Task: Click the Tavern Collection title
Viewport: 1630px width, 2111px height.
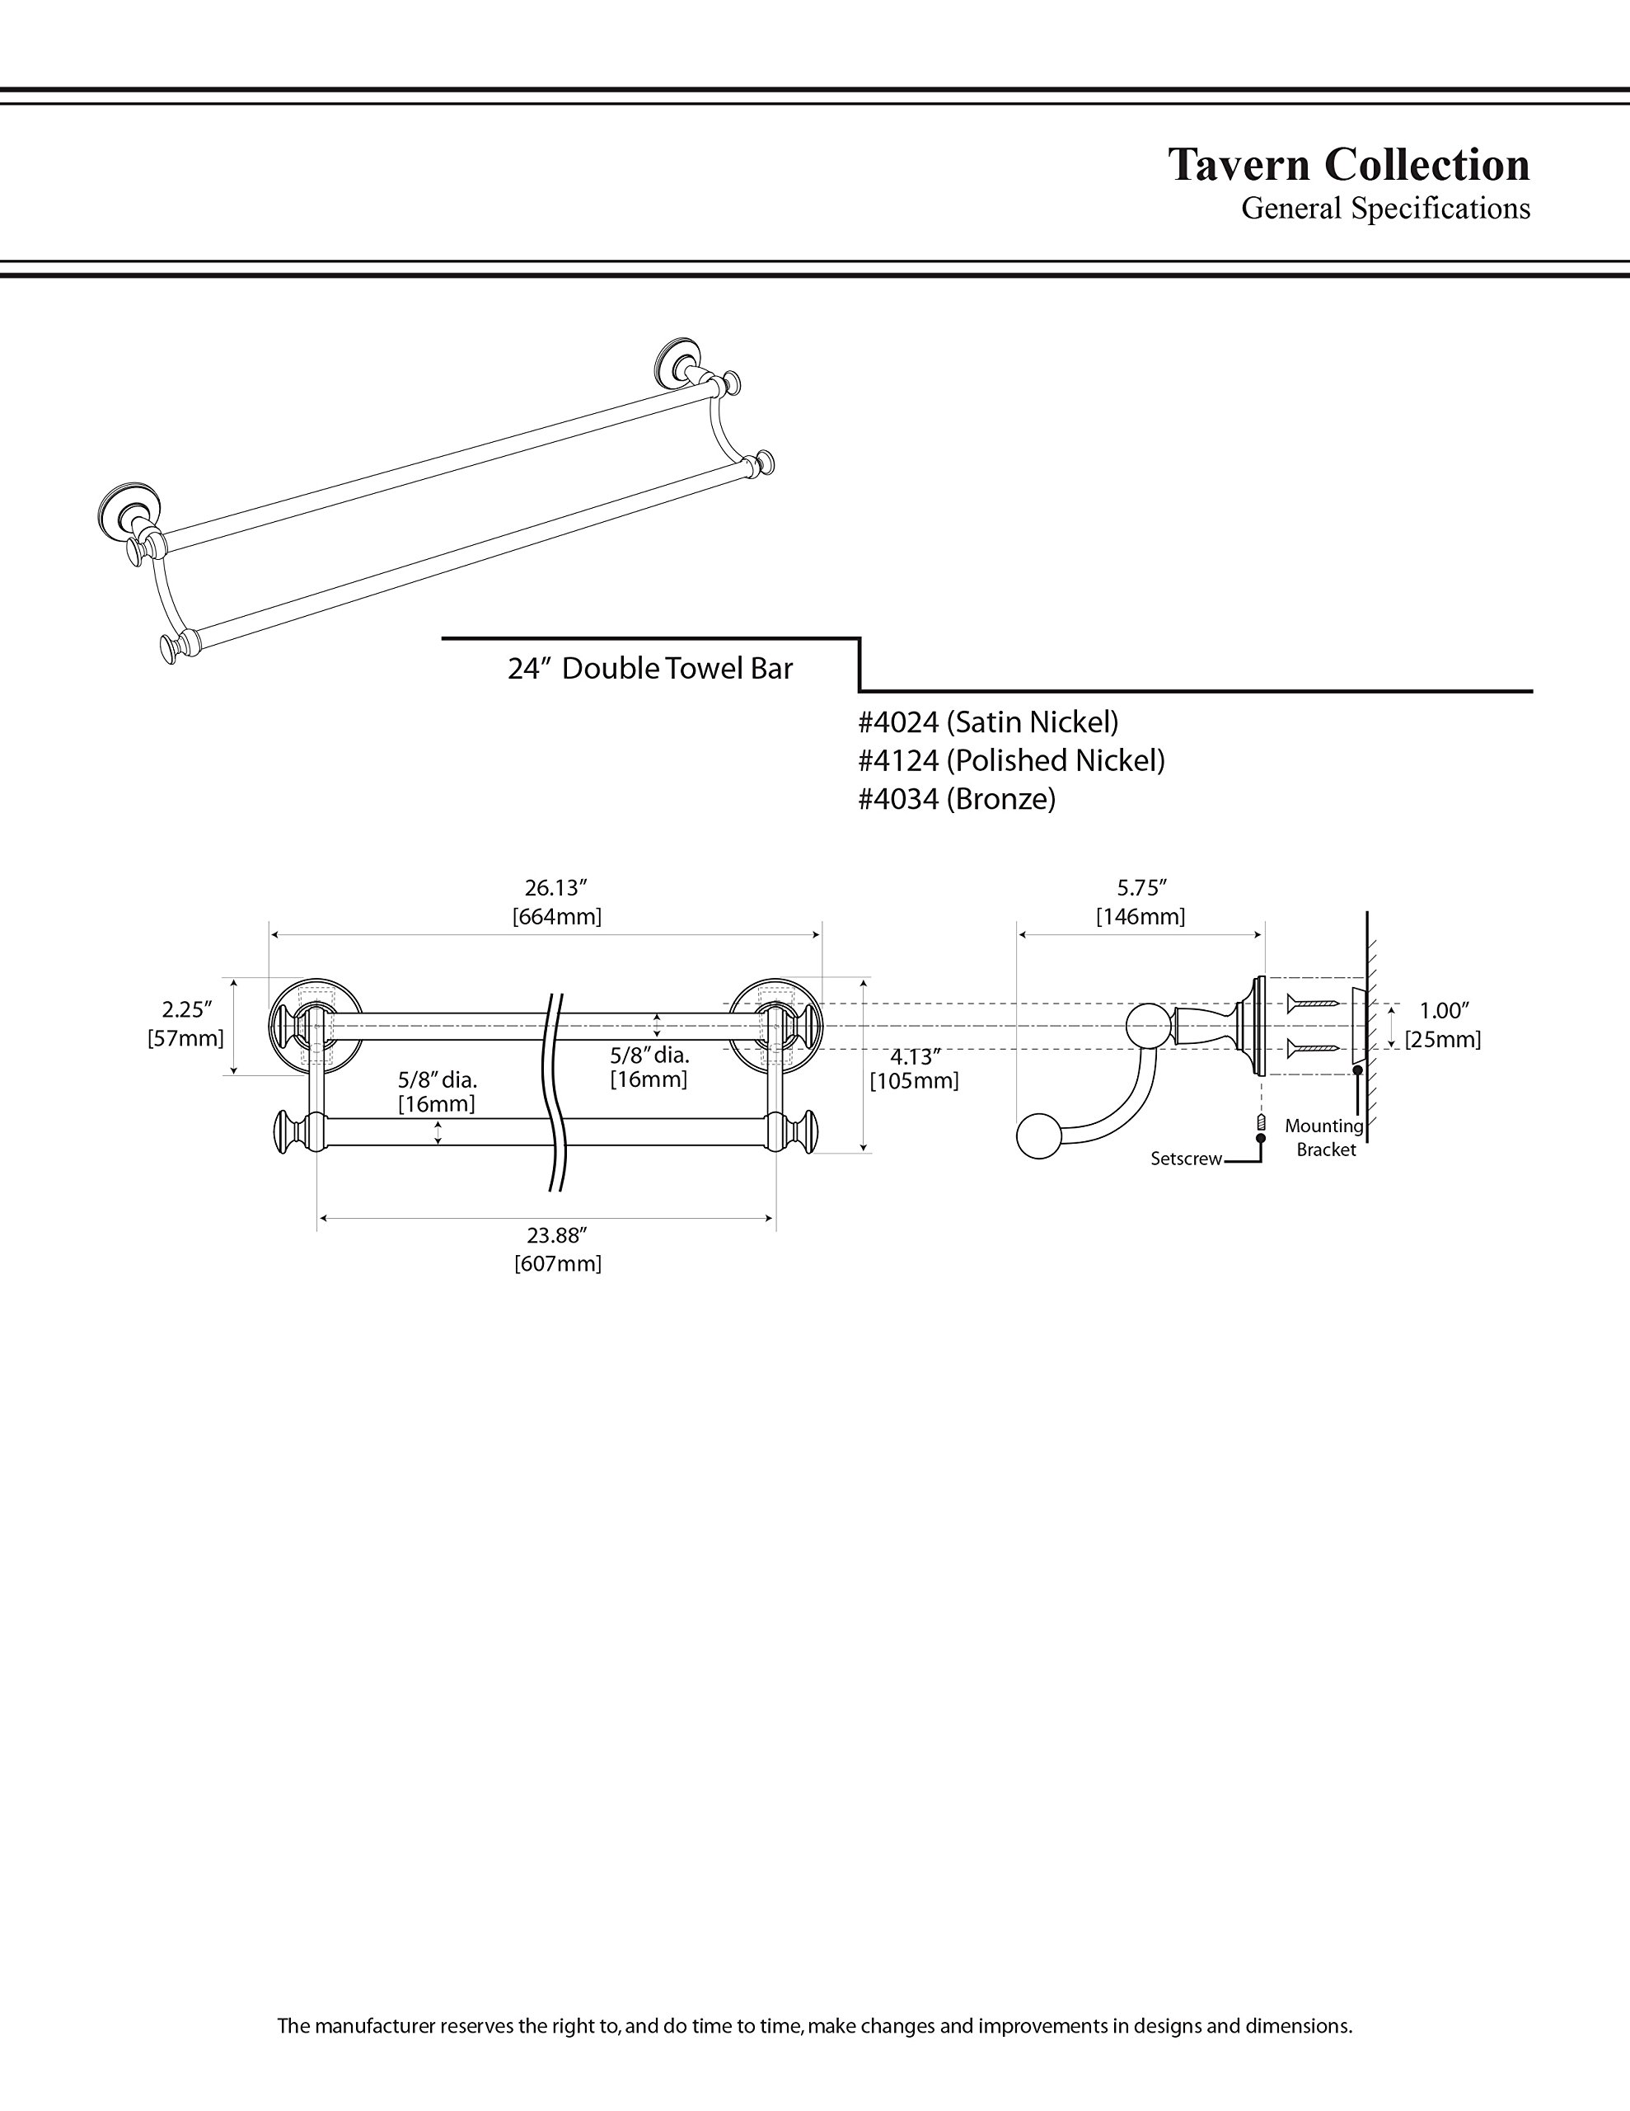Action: click(1349, 164)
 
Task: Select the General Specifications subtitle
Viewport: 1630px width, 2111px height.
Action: click(1385, 209)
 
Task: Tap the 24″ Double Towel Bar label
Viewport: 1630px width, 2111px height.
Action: click(650, 669)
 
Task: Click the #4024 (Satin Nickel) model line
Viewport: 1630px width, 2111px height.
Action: click(988, 722)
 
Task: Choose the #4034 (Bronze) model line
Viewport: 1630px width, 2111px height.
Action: click(957, 799)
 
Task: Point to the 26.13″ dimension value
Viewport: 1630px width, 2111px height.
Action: click(556, 888)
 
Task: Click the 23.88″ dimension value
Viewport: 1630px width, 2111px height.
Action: click(558, 1235)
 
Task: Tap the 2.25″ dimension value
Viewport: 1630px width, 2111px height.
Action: click(186, 1010)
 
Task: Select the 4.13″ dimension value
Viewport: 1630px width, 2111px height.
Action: click(915, 1057)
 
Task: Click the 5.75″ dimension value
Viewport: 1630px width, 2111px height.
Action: click(1142, 888)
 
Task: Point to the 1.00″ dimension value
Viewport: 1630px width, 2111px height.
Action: click(1444, 1011)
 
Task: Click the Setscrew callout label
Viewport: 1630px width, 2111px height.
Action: click(1187, 1159)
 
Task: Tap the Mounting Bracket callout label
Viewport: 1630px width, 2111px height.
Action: click(1324, 1138)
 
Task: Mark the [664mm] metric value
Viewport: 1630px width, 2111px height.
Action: click(556, 916)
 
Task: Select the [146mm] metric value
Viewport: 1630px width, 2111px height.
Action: click(1141, 916)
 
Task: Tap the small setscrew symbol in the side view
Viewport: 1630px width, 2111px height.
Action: click(1261, 1122)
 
